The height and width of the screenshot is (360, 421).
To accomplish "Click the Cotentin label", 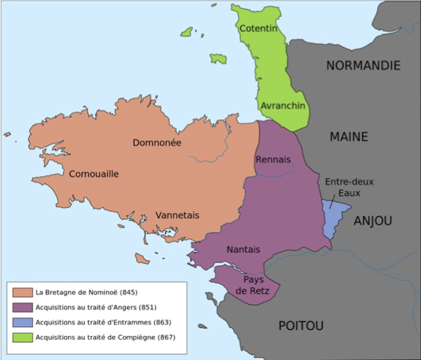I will click(257, 28).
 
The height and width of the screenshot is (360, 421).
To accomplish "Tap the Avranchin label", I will click(283, 106).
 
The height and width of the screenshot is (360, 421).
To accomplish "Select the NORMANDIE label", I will click(363, 66).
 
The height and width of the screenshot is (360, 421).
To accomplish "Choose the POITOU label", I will click(301, 325).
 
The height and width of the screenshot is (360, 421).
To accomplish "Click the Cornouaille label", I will click(94, 174).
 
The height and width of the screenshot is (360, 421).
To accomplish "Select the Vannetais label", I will click(177, 215).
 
